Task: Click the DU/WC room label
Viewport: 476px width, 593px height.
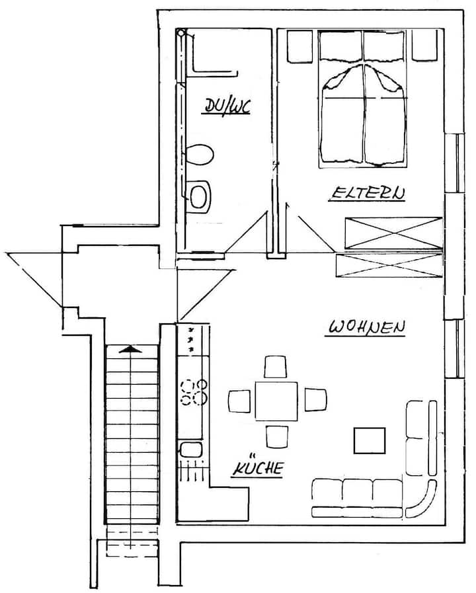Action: [227, 106]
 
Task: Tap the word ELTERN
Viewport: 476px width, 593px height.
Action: [368, 193]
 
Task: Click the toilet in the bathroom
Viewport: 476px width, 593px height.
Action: [200, 154]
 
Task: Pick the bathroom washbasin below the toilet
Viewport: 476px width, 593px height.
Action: [199, 196]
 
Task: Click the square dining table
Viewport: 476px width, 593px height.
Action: [276, 401]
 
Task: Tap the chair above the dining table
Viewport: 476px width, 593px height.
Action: [275, 366]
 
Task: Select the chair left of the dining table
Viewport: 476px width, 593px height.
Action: [239, 401]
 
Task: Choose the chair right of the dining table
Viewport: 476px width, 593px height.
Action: [315, 400]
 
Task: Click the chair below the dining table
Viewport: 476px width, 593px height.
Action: [277, 437]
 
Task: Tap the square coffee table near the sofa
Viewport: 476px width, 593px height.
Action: [370, 440]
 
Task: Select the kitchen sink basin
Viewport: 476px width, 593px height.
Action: [191, 450]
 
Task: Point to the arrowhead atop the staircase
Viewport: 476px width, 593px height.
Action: [130, 349]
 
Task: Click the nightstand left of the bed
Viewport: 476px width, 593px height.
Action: [300, 46]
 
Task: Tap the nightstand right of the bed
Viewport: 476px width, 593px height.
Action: [424, 45]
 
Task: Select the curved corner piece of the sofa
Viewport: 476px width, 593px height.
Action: [421, 498]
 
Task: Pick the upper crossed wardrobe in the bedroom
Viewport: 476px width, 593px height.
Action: [393, 233]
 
